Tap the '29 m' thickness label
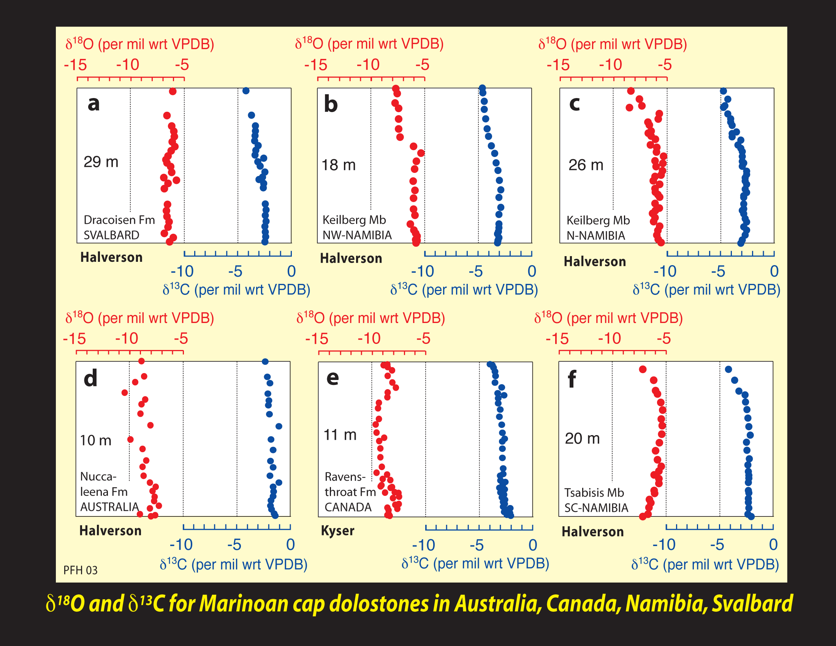(x=101, y=162)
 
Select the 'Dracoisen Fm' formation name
(x=119, y=220)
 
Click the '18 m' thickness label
(x=338, y=165)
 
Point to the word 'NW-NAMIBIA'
(x=357, y=235)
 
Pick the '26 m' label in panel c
(x=586, y=165)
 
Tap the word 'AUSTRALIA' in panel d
(x=109, y=507)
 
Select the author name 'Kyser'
(x=337, y=531)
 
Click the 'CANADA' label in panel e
(x=348, y=507)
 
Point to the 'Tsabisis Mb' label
(x=594, y=492)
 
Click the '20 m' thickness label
(x=582, y=438)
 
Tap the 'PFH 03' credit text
(x=81, y=570)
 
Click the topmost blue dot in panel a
(x=246, y=91)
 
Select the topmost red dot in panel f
(x=643, y=369)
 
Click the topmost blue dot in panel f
(x=728, y=369)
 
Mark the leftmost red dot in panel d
(x=125, y=393)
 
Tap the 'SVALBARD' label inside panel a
(x=111, y=235)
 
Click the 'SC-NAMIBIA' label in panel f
(x=596, y=508)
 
